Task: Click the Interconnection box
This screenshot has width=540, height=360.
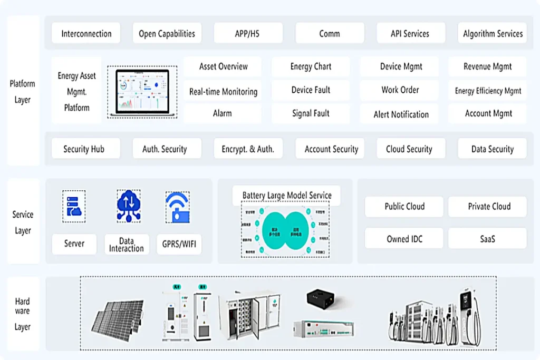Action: pos(86,33)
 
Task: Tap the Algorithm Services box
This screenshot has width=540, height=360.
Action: pos(493,33)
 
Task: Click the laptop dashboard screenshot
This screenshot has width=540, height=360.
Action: pos(142,92)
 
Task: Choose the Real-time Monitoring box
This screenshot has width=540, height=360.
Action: pos(223,91)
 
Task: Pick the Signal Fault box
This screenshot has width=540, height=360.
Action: pos(311,113)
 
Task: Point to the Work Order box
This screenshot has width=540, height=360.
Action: pos(400,90)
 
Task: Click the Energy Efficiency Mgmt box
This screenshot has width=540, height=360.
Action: pos(488,91)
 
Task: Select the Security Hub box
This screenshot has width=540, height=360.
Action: pos(84,149)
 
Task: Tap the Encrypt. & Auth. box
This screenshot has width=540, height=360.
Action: pos(247,149)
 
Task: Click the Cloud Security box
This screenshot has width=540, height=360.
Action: pos(409,149)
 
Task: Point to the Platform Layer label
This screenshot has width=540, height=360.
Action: pos(23,91)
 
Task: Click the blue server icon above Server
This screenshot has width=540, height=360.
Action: pos(73,206)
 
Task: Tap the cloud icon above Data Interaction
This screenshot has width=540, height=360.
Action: pos(128,206)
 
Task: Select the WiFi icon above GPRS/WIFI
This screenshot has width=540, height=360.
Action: pos(177,206)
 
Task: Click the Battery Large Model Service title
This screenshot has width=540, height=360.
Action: pos(287,195)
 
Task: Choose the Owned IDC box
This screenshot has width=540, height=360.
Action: pos(404,239)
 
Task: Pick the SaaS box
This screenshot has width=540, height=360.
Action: pos(487,239)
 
